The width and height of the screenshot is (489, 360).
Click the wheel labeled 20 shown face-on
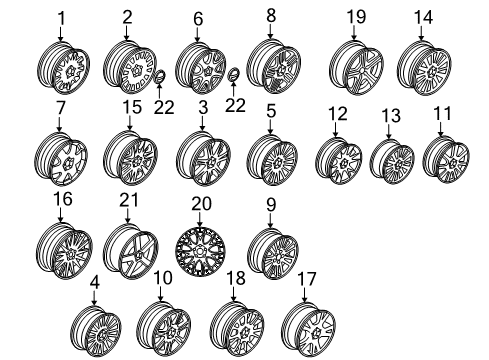tap(200, 252)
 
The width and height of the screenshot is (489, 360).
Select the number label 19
tap(356, 17)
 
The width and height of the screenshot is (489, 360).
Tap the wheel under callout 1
tap(63, 68)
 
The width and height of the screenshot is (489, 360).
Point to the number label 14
tap(423, 17)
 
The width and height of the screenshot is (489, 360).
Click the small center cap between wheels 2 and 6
tap(160, 77)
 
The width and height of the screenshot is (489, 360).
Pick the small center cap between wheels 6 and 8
tap(233, 75)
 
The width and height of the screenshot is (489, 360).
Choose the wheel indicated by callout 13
tap(392, 161)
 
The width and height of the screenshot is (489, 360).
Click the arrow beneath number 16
tap(61, 214)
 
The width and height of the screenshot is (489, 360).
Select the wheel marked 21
tap(130, 251)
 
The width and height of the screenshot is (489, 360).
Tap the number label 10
tap(163, 278)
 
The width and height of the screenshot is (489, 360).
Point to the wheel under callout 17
tap(308, 330)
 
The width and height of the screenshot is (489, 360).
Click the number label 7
tap(61, 108)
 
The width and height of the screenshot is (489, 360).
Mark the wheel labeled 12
tap(338, 161)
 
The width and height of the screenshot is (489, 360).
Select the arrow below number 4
tap(95, 297)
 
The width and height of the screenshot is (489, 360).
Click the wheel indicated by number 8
tap(274, 66)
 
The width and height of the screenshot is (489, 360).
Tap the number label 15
tap(132, 107)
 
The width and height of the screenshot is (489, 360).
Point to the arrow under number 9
tap(270, 220)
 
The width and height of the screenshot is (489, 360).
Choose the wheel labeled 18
tap(237, 330)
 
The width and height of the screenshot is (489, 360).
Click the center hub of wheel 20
tap(200, 252)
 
